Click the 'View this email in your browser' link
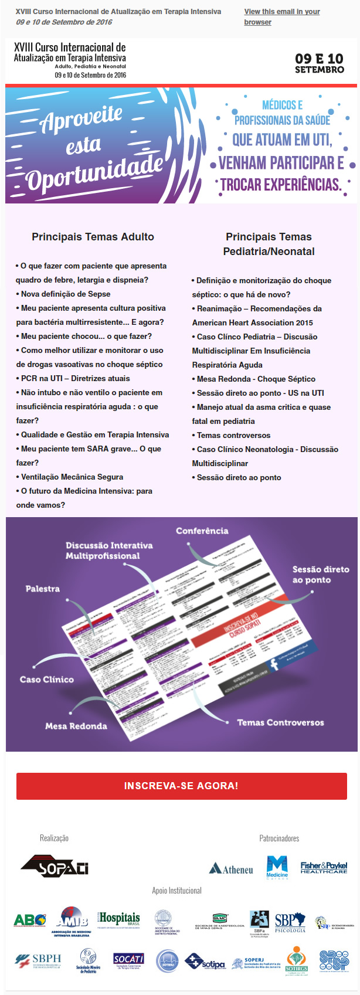pyautogui.click(x=282, y=16)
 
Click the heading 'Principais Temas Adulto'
pyautogui.click(x=93, y=237)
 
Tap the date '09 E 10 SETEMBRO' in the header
pyautogui.click(x=319, y=63)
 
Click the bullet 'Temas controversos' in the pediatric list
pyautogui.click(x=233, y=435)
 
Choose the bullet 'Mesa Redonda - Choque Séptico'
pyautogui.click(x=256, y=379)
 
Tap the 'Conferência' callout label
pyautogui.click(x=202, y=531)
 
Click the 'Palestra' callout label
pyautogui.click(x=43, y=588)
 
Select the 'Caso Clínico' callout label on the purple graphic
pyautogui.click(x=47, y=679)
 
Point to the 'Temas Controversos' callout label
pyautogui.click(x=280, y=722)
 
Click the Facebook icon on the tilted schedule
pyautogui.click(x=273, y=664)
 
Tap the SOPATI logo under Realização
pyautogui.click(x=55, y=865)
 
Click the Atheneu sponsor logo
pyautogui.click(x=231, y=869)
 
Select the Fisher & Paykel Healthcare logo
pyautogui.click(x=324, y=868)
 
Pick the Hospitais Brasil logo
pyautogui.click(x=119, y=920)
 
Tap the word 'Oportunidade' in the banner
pyautogui.click(x=94, y=174)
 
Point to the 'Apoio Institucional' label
pyautogui.click(x=176, y=891)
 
